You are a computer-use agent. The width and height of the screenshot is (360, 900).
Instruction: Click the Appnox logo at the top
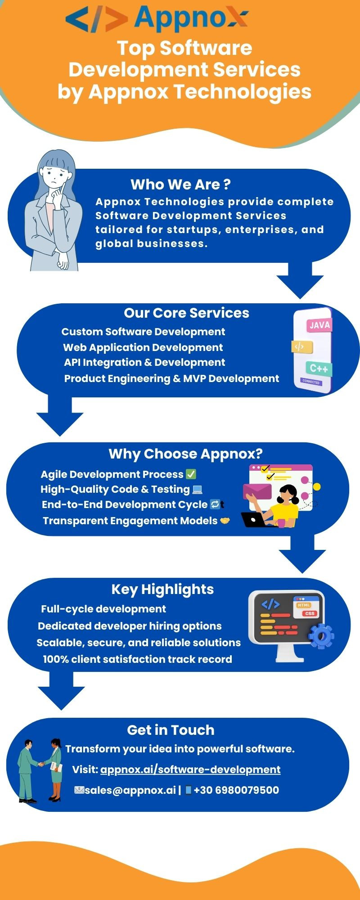pos(157,19)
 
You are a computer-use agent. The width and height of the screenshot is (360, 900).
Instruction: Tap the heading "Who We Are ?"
pos(180,184)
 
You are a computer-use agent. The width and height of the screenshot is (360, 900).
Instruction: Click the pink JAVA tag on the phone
pos(319,325)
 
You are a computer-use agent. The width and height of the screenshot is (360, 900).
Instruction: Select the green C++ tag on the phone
pos(319,369)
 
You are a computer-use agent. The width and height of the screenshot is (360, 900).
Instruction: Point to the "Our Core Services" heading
pos(186,313)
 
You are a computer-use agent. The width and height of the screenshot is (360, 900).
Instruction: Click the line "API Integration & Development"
pos(144,363)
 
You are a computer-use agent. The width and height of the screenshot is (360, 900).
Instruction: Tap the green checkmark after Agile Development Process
pos(191,474)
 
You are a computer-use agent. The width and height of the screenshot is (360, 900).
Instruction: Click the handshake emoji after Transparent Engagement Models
pos(225,521)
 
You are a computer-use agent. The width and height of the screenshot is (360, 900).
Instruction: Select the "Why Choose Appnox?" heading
pos(185,454)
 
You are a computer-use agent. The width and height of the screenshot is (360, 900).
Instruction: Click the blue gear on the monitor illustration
pos(321,636)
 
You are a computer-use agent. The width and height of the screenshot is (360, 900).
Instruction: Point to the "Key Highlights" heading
pos(162,589)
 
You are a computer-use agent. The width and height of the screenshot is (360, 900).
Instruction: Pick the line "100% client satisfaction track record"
pos(137,659)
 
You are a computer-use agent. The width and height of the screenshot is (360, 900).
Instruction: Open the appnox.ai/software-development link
pos(190,769)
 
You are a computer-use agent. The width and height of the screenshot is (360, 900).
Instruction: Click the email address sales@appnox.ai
pos(130,790)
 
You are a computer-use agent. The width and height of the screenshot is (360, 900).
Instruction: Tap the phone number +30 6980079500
pos(236,790)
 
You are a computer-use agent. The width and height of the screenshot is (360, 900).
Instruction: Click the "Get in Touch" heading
pos(171,730)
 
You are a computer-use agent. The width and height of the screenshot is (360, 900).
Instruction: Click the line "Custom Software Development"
pos(143,332)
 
